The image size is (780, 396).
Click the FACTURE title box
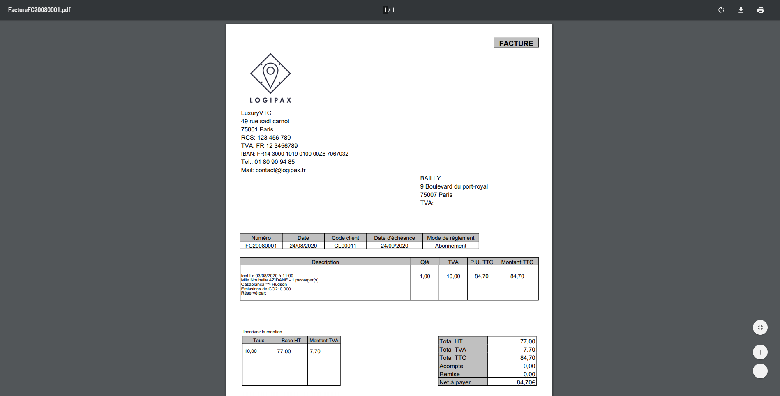pyautogui.click(x=516, y=43)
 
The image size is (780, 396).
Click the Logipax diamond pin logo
pyautogui.click(x=270, y=74)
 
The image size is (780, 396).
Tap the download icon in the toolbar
pyautogui.click(x=741, y=10)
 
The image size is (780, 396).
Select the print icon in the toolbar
pyautogui.click(x=760, y=10)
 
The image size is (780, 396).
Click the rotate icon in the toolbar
pyautogui.click(x=721, y=10)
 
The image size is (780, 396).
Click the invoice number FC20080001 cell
pyautogui.click(x=261, y=246)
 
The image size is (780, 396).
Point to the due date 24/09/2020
pyautogui.click(x=394, y=246)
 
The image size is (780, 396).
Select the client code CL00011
pyautogui.click(x=345, y=246)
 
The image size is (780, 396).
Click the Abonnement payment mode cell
pyautogui.click(x=450, y=246)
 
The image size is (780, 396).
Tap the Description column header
pyautogui.click(x=325, y=262)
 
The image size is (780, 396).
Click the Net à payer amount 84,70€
pyautogui.click(x=526, y=382)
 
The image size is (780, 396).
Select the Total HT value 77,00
pyautogui.click(x=527, y=341)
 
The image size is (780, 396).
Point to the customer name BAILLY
pyautogui.click(x=430, y=178)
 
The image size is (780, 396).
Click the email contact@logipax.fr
pyautogui.click(x=280, y=170)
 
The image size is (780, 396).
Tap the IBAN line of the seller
pyautogui.click(x=294, y=154)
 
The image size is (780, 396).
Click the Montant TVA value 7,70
pyautogui.click(x=315, y=352)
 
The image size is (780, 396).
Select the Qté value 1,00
pyautogui.click(x=425, y=276)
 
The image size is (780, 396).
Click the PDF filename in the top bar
pyautogui.click(x=39, y=10)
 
